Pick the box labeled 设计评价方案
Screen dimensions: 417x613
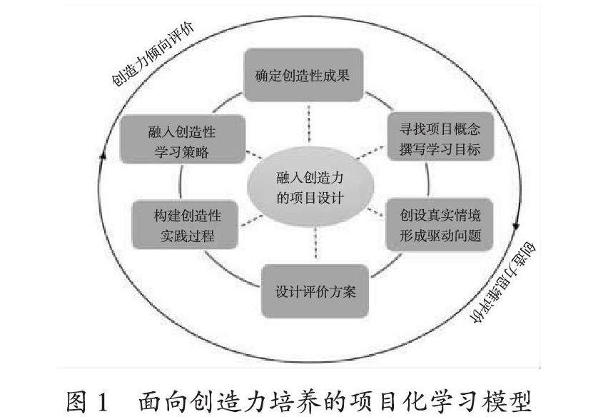[x=315, y=291]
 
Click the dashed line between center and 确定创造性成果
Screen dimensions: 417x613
[x=308, y=123]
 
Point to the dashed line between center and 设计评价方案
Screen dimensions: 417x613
[x=314, y=247]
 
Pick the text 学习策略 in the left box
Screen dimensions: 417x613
[x=184, y=152]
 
